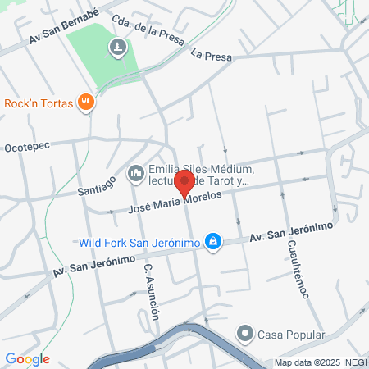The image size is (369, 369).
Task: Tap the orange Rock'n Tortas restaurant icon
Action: click(x=85, y=102)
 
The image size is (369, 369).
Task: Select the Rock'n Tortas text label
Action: click(x=39, y=103)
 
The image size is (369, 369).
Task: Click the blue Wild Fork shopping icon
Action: click(x=213, y=240)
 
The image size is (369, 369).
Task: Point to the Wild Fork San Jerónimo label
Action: click(x=140, y=243)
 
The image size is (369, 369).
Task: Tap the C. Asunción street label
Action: click(x=150, y=292)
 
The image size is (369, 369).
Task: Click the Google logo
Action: click(x=28, y=359)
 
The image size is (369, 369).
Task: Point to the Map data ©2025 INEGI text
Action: click(x=321, y=362)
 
